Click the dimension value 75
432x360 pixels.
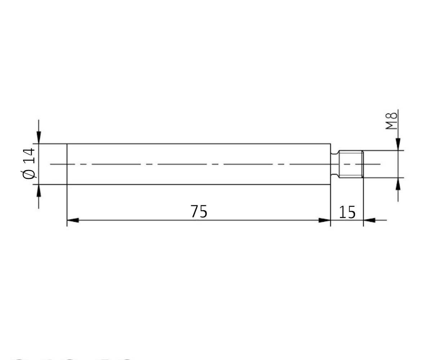pos(199,212)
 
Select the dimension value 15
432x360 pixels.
pos(347,212)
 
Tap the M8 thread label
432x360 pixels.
pos(391,121)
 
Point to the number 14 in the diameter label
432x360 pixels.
pos(29,155)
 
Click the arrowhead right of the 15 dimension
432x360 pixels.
pos(369,220)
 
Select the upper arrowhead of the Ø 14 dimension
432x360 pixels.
pos(39,138)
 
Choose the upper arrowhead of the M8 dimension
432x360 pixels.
pos(398,144)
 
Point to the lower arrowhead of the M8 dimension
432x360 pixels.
pos(398,184)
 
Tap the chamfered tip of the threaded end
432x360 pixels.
pos(362,164)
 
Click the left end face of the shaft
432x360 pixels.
pos(67,164)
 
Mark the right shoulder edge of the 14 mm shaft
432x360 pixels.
pos(330,148)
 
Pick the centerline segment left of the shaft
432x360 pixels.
pos(58,164)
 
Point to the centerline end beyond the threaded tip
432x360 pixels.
pos(374,164)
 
